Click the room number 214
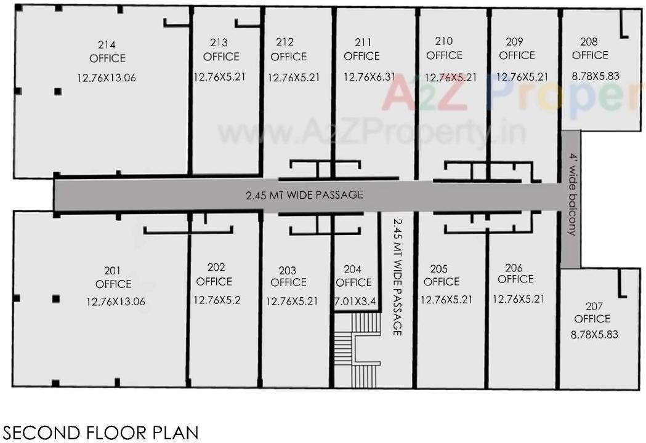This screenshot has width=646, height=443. tap(107, 44)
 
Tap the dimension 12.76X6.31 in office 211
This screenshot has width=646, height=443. tap(369, 78)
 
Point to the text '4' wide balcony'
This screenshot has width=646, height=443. tap(573, 196)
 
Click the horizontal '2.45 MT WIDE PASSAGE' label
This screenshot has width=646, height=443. tap(304, 195)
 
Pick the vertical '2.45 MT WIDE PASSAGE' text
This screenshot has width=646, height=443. tap(397, 277)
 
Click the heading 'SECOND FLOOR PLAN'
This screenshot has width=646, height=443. tap(101, 433)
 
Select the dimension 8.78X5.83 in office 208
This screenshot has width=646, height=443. tap(595, 76)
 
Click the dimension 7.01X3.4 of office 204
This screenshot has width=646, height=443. tap(354, 302)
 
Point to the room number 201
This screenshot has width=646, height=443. tap(113, 270)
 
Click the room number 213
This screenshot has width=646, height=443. tap(219, 42)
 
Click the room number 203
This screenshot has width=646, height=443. tap(287, 270)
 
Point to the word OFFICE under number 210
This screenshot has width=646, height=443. tap(444, 55)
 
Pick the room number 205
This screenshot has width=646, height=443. tap(439, 269)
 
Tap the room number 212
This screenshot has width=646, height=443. tap(285, 42)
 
